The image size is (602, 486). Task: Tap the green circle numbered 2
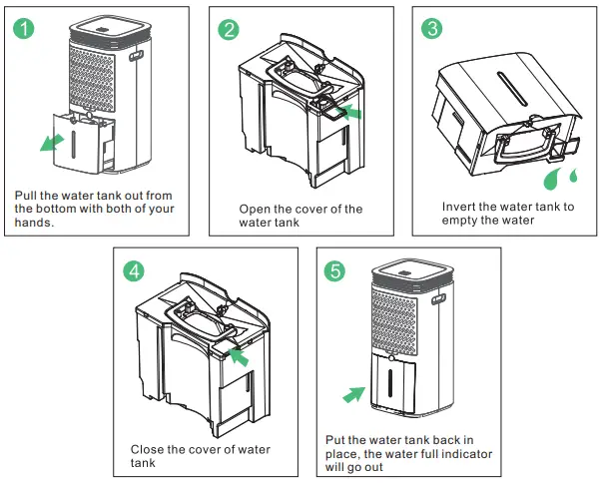click(230, 29)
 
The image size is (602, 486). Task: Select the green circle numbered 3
click(432, 28)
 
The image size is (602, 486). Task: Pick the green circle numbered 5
click(336, 270)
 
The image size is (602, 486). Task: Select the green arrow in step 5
click(352, 395)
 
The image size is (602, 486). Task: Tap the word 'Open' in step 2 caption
click(256, 210)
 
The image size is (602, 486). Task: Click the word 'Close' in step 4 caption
click(148, 450)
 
